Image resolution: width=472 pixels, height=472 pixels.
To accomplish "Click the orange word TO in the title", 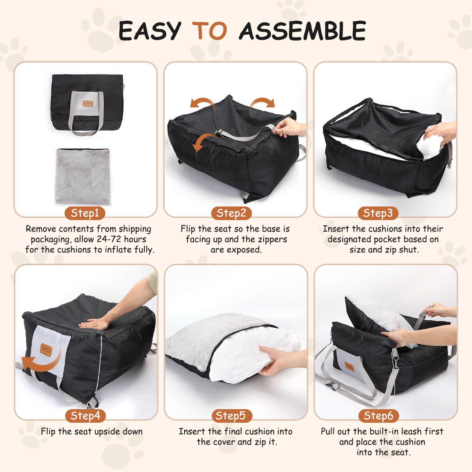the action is click(x=210, y=31).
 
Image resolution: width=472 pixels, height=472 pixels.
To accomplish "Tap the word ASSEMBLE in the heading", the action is click(x=302, y=31).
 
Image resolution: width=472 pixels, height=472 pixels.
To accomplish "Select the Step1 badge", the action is click(x=85, y=213).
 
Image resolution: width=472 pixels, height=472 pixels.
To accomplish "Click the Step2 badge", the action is click(x=231, y=213).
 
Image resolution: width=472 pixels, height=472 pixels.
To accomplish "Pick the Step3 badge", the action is click(x=378, y=213).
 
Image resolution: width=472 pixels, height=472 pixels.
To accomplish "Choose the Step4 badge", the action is click(x=85, y=416).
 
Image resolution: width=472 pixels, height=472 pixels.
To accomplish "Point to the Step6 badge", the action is click(x=378, y=416).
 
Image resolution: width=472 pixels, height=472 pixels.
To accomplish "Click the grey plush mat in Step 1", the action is click(x=83, y=176).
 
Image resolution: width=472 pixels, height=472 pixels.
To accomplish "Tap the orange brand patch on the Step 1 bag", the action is click(x=88, y=104).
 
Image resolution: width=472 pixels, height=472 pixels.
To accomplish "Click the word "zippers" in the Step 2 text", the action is click(x=270, y=240).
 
